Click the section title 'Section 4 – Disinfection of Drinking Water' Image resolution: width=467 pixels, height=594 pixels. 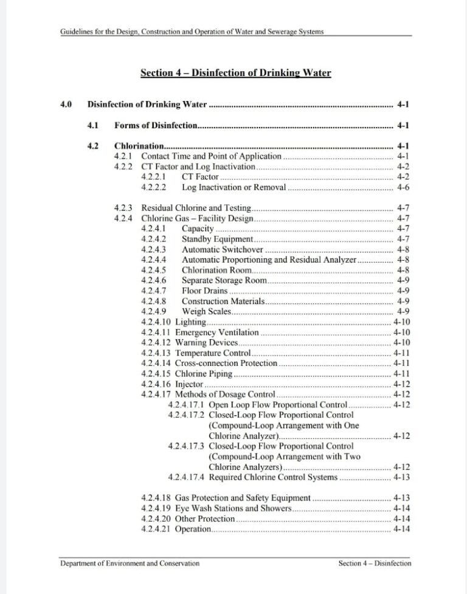click(x=235, y=73)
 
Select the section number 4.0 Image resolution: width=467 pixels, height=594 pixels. click(x=66, y=104)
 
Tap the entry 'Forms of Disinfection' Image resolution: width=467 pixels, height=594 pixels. click(x=156, y=126)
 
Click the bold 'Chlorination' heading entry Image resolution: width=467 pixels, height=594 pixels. click(x=139, y=146)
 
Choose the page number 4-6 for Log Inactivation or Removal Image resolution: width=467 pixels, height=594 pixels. click(x=403, y=187)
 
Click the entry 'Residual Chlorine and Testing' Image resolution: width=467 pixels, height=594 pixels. click(x=196, y=208)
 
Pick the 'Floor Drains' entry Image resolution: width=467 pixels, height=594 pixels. click(x=204, y=291)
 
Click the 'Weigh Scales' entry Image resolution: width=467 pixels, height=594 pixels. click(x=206, y=311)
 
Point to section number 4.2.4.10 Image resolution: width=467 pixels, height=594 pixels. click(x=156, y=322)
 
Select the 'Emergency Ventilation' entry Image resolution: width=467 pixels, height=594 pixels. click(x=216, y=333)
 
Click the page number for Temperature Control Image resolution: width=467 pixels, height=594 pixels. click(x=401, y=353)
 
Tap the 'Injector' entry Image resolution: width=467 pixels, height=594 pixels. click(x=189, y=384)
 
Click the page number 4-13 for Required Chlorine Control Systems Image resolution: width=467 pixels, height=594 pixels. click(x=401, y=477)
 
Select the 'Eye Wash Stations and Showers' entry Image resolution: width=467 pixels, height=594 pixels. click(x=233, y=508)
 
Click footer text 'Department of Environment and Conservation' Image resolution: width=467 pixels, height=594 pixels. click(x=130, y=563)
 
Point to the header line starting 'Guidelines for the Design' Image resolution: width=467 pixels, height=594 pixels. click(x=192, y=32)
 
